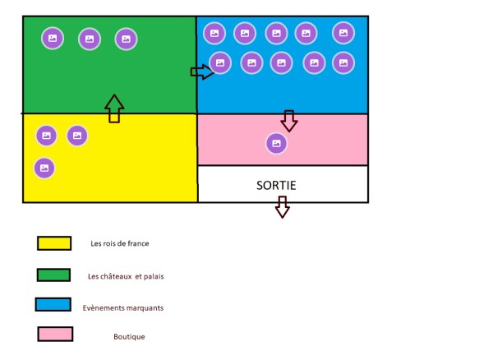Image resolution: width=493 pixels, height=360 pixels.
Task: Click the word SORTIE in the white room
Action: [276, 185]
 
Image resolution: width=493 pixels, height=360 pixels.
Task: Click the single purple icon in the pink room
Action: [276, 143]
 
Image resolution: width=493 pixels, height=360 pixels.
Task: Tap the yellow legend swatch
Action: [54, 243]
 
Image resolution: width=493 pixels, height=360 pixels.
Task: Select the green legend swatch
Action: [53, 275]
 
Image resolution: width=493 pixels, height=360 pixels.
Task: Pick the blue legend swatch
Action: [53, 304]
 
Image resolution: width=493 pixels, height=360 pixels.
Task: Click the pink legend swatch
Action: [55, 334]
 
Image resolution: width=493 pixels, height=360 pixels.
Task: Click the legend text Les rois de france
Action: [120, 243]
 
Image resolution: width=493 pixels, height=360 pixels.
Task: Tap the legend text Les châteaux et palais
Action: [126, 276]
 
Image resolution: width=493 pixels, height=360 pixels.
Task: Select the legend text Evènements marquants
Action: [123, 307]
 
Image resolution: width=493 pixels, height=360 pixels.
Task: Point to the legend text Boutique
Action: [129, 337]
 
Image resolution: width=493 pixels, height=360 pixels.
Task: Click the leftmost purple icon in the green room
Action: [53, 39]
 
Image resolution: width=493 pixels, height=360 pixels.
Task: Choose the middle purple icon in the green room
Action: [90, 39]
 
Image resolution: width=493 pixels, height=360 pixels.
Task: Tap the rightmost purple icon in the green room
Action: [126, 39]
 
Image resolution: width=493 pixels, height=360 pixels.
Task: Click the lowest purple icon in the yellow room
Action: [44, 168]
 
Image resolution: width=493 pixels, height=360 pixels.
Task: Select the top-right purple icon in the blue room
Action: [343, 33]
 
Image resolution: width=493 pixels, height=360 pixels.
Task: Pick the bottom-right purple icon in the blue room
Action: [343, 63]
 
